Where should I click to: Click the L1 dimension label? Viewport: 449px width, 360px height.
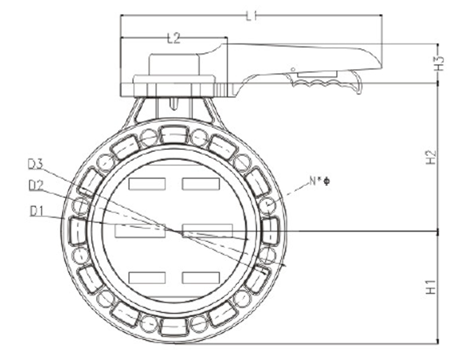[251, 15]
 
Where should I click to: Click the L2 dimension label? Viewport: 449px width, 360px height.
[174, 39]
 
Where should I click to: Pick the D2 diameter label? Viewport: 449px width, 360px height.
[36, 184]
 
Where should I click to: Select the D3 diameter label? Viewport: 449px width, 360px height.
[36, 163]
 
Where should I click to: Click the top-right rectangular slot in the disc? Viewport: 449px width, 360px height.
[201, 184]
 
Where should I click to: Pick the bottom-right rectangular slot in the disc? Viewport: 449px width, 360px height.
[201, 277]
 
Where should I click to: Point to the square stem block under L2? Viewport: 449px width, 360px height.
[174, 65]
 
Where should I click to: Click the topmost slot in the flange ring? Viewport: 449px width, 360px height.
[174, 134]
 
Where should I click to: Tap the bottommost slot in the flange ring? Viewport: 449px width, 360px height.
[174, 327]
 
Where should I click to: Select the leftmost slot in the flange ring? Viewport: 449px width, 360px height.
[78, 231]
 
